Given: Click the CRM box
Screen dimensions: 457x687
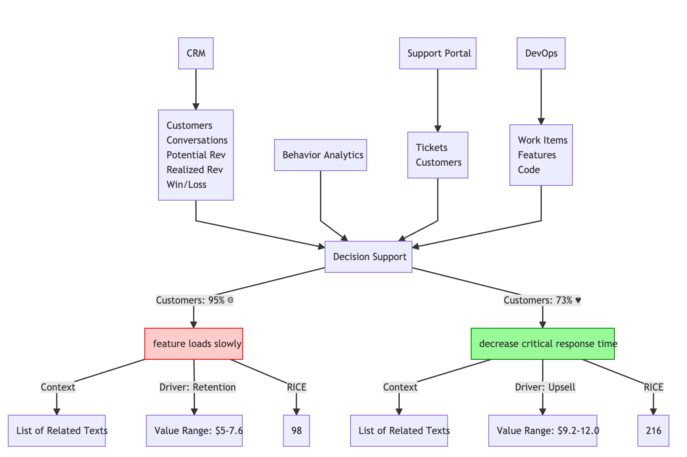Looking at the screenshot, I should [x=196, y=53].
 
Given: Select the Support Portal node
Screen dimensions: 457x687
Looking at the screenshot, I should [x=437, y=53].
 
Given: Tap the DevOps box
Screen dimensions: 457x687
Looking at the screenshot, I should [x=541, y=53].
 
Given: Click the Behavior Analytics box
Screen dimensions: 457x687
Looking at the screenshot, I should [x=321, y=155].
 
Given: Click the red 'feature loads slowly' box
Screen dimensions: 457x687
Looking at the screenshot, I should [x=194, y=344].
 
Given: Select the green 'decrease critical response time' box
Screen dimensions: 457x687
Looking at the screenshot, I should [x=543, y=344].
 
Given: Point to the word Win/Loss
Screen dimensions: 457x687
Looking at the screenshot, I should [x=186, y=185].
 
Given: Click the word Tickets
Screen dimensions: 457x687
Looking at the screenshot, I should [x=431, y=148].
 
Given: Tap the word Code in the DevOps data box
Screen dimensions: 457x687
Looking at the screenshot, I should [x=529, y=170].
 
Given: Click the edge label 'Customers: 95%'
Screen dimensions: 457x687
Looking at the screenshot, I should [x=195, y=300].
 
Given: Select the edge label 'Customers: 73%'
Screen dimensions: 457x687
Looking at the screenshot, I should [x=542, y=300].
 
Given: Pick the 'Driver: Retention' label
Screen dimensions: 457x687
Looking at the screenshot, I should [x=197, y=387].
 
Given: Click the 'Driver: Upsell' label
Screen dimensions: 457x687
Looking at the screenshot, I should [x=545, y=387].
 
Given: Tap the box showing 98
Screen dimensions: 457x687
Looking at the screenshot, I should [x=296, y=431].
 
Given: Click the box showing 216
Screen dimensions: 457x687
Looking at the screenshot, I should [x=653, y=431].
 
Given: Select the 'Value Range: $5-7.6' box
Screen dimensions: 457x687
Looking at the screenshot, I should [x=194, y=431].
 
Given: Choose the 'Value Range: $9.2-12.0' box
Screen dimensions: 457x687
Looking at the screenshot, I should [x=543, y=431].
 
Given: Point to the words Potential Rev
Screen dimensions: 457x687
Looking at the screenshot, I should [x=196, y=155].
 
